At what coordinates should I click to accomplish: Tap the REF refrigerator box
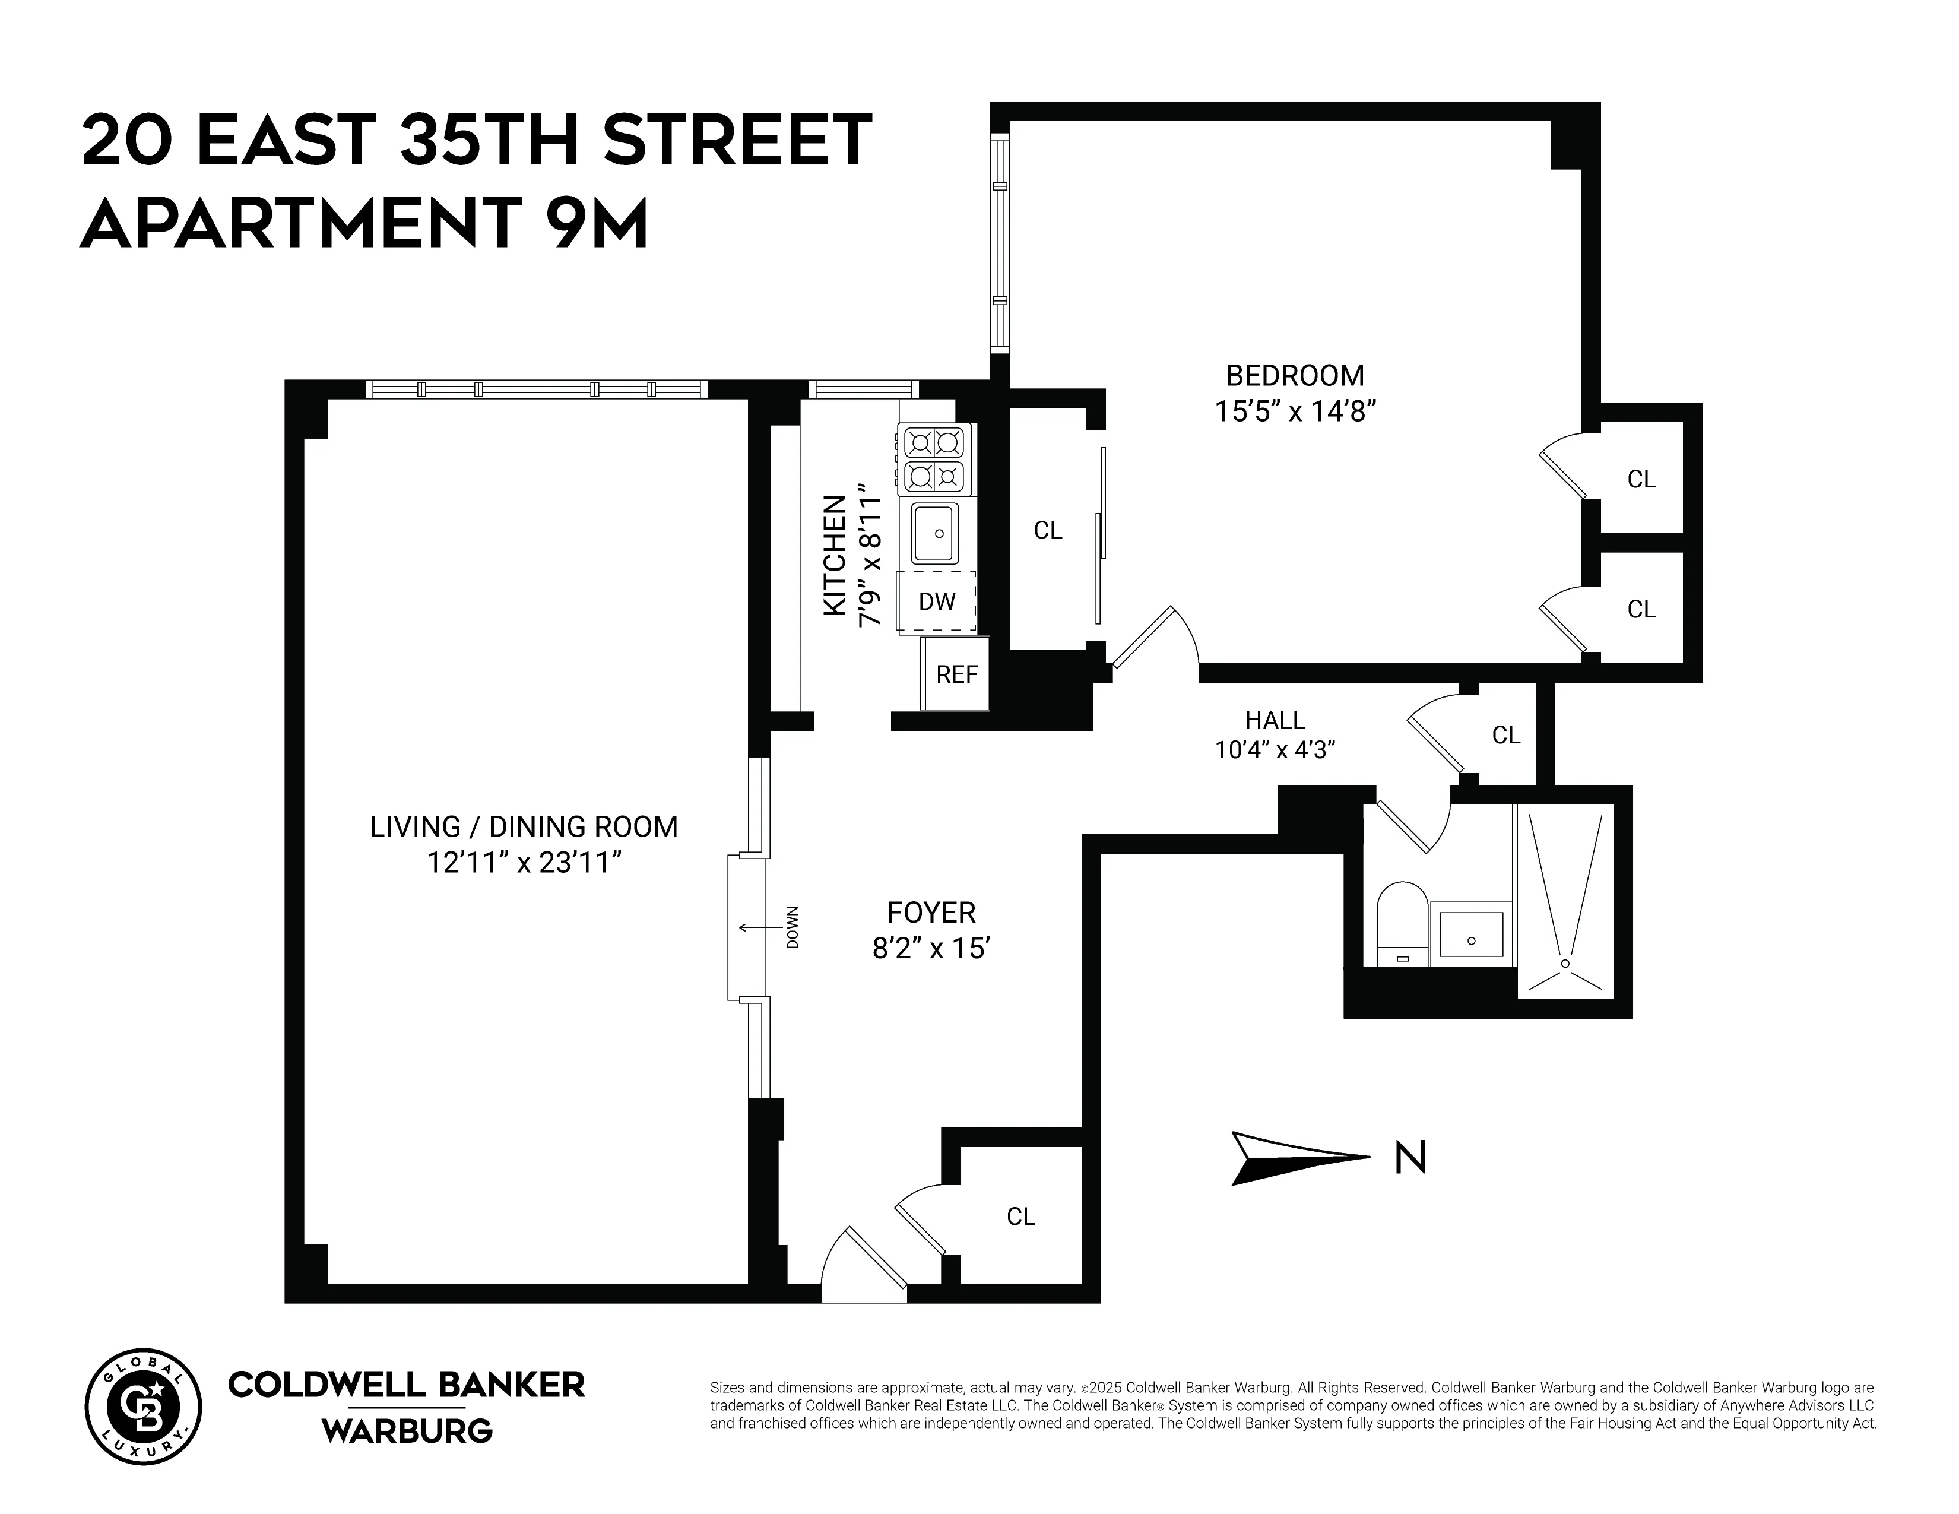pos(956,674)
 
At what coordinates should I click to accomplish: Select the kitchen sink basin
pos(934,533)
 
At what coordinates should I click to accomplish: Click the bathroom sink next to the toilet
pos(1471,934)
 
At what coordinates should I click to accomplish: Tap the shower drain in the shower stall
pos(1565,963)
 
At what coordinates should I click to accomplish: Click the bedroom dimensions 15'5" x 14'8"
pos(1294,411)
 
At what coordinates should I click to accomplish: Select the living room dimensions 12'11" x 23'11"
pos(524,862)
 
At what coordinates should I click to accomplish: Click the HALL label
pos(1275,720)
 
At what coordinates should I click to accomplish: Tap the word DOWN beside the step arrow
pos(792,927)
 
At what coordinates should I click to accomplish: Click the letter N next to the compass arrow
pos(1410,1157)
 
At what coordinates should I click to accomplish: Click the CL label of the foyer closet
pos(1021,1216)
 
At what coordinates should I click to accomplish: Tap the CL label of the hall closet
pos(1506,736)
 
